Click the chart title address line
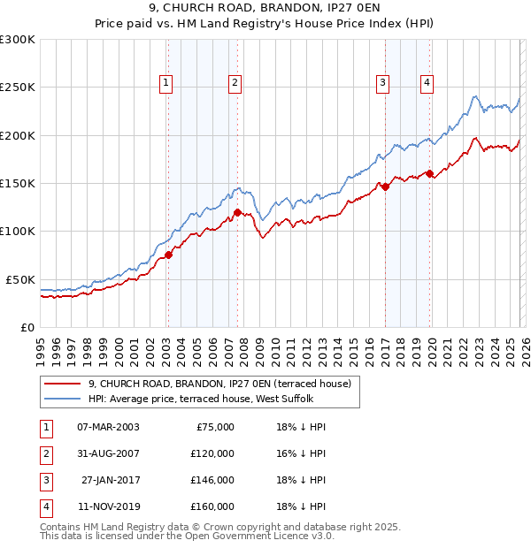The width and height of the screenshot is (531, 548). tap(265, 8)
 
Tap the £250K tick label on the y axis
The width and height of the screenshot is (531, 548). tap(18, 88)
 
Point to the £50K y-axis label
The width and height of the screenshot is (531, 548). tap(20, 279)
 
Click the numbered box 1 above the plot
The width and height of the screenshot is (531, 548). tap(166, 83)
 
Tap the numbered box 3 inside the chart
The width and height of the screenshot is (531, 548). tap(383, 83)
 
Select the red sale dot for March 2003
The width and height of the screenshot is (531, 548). tap(168, 255)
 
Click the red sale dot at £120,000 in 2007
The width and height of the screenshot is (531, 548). tap(238, 212)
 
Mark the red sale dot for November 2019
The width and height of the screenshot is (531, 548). tap(430, 173)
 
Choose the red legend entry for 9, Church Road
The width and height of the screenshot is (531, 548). tap(219, 384)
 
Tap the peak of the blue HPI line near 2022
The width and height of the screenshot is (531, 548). tap(476, 96)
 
